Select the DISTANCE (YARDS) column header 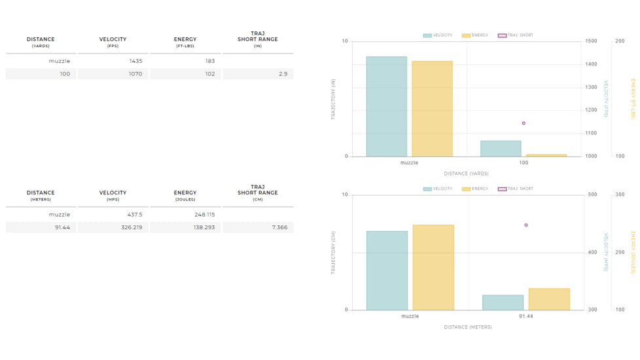[x=41, y=42]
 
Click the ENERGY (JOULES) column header [x=185, y=196]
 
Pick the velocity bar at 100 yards [x=501, y=149]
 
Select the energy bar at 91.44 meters [x=548, y=299]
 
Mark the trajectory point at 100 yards [x=524, y=123]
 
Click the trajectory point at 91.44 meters [x=526, y=225]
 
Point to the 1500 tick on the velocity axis [x=591, y=41]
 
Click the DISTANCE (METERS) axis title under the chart [x=467, y=327]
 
